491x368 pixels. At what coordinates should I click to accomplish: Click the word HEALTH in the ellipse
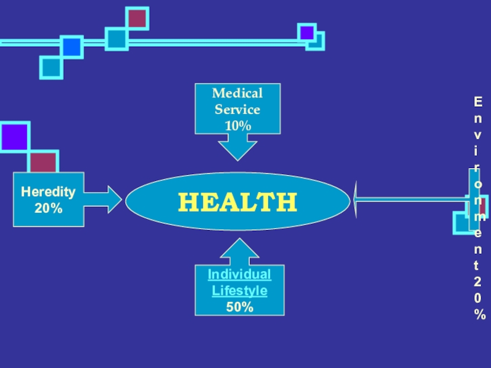[238, 202]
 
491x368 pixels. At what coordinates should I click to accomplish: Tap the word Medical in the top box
[238, 94]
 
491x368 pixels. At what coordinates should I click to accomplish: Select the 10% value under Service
[238, 126]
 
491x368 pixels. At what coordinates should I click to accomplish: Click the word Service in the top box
[238, 110]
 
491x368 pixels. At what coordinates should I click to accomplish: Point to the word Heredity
[48, 192]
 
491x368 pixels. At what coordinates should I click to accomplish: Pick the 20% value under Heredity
[48, 209]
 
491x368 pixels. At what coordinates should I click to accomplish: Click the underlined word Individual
[239, 275]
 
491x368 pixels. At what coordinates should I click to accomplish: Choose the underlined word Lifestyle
[239, 291]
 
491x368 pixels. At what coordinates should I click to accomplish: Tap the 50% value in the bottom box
[239, 307]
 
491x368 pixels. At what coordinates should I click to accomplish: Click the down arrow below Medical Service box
[238, 147]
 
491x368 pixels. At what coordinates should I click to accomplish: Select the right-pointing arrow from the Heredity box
[104, 199]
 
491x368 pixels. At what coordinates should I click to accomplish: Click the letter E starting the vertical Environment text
[477, 101]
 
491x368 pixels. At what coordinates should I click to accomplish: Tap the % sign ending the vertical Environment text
[479, 315]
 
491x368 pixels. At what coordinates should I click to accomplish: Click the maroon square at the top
[137, 18]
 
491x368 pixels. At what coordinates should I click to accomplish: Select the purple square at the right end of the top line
[306, 33]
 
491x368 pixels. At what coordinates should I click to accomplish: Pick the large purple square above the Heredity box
[14, 137]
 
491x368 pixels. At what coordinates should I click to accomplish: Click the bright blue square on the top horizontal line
[72, 47]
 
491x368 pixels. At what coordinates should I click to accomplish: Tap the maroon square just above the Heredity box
[44, 163]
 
